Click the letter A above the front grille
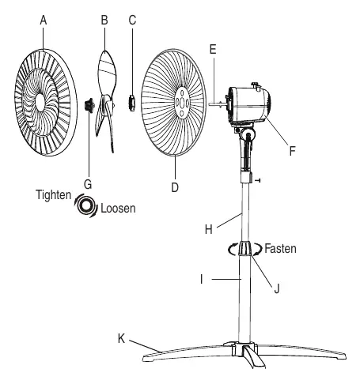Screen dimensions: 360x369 click(44, 21)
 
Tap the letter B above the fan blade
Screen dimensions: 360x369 click(104, 20)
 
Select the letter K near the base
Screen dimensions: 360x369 click(121, 338)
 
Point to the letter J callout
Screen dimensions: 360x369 click(277, 288)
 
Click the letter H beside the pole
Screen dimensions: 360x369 click(209, 229)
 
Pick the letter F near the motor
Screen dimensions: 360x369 click(292, 151)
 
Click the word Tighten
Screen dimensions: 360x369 click(54, 195)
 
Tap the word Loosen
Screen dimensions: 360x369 click(118, 209)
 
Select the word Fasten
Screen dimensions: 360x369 click(280, 248)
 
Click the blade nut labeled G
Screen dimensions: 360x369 click(89, 105)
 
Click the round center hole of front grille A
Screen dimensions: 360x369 click(40, 103)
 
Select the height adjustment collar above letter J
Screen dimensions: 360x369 click(244, 248)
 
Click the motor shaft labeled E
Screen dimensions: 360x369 click(218, 104)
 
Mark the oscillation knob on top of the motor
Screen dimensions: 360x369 click(256, 86)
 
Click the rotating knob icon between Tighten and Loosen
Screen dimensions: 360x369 click(86, 205)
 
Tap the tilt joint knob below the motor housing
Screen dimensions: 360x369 click(248, 134)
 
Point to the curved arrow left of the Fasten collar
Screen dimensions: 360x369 click(232, 249)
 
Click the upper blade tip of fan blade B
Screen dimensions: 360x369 click(105, 51)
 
